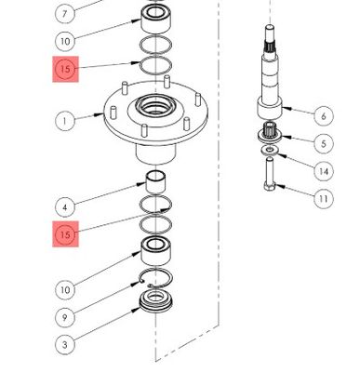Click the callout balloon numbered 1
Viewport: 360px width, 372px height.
click(x=65, y=120)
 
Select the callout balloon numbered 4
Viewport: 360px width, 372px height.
click(x=65, y=206)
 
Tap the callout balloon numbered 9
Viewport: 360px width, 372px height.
click(x=65, y=317)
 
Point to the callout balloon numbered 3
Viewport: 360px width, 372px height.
click(x=65, y=345)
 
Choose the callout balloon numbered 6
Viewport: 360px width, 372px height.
click(x=323, y=116)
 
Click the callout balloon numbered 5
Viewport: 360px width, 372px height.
click(x=323, y=143)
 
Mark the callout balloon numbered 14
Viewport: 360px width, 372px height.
click(x=323, y=171)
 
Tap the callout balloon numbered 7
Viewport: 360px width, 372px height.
click(x=65, y=14)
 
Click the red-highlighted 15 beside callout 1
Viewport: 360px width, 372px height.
click(x=65, y=70)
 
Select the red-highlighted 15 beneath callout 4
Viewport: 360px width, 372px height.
click(x=65, y=234)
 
